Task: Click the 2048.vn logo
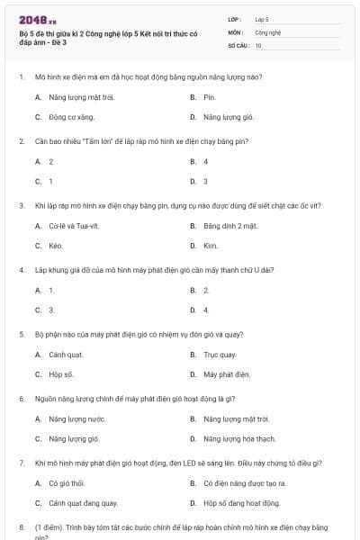tap(31, 19)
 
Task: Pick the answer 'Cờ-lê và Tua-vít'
tap(71, 226)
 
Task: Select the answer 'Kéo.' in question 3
tap(56, 246)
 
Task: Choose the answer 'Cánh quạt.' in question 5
tap(66, 355)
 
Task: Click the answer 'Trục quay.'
tap(220, 355)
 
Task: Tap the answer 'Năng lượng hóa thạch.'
tap(239, 439)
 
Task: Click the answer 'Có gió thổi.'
tap(66, 483)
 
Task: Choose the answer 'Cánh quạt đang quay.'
tap(83, 503)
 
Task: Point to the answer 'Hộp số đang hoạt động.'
tap(241, 503)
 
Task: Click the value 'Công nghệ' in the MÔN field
tap(268, 31)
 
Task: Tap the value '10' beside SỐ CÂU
tap(258, 45)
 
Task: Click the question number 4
tap(21, 270)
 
